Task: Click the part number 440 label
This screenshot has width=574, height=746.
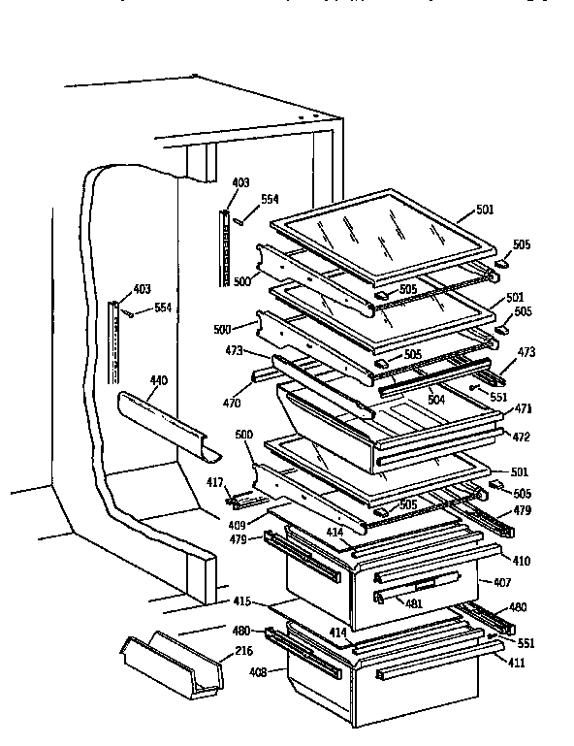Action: (158, 379)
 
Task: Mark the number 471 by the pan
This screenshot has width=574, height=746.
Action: (522, 409)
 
